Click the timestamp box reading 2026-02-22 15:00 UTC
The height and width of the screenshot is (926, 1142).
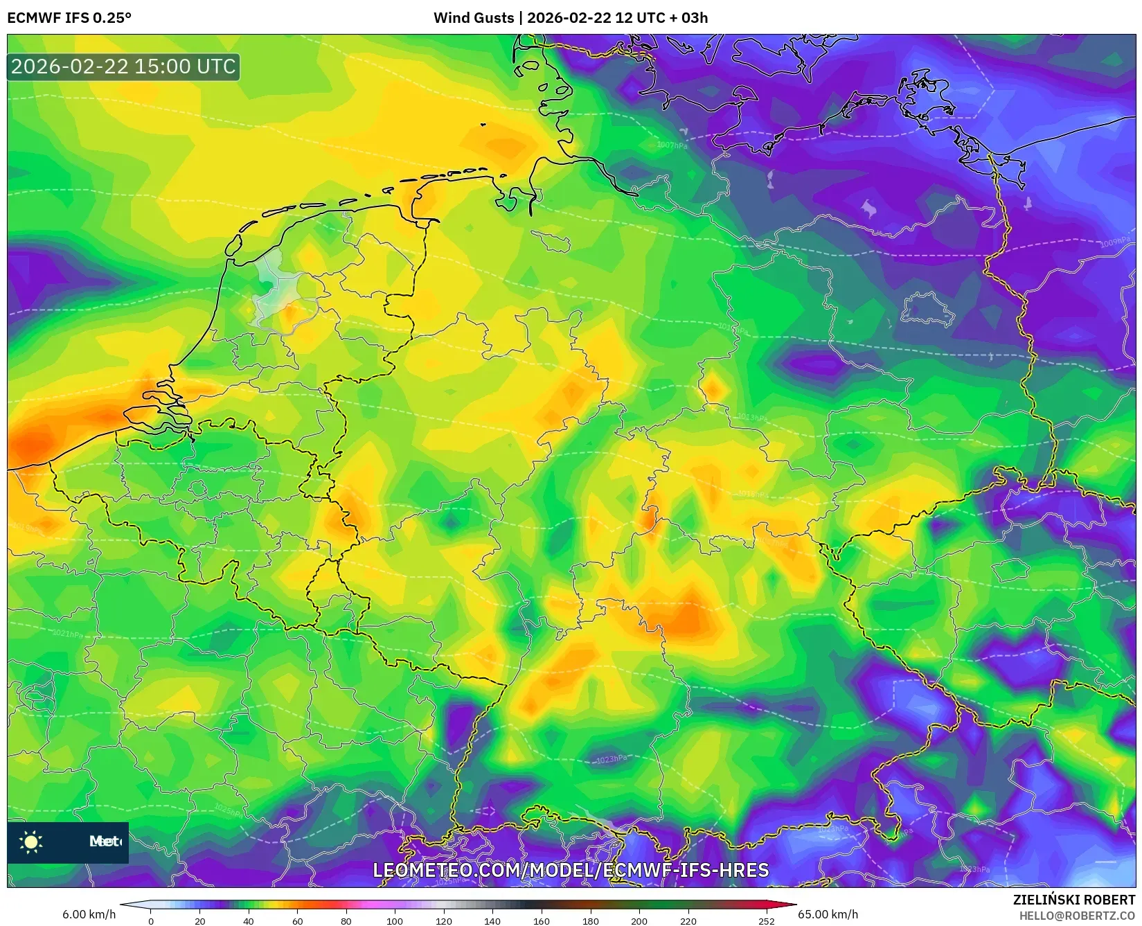tap(123, 66)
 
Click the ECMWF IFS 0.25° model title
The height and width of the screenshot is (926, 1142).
tap(69, 18)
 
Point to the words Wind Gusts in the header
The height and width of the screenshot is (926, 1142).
tap(474, 18)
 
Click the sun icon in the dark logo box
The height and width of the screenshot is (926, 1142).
tap(31, 842)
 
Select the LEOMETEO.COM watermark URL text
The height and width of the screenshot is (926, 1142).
tap(571, 870)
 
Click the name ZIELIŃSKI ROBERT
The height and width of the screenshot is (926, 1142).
tap(1074, 900)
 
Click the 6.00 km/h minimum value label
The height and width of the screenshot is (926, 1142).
tap(89, 914)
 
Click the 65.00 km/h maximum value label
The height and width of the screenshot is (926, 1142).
tap(828, 914)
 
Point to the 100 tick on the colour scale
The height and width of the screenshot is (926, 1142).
tap(395, 921)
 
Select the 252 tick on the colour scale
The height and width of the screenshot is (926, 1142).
tap(766, 921)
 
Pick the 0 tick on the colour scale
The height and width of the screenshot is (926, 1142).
tap(151, 921)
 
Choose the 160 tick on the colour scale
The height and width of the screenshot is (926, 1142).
tap(542, 921)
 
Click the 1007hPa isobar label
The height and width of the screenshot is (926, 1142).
tap(672, 145)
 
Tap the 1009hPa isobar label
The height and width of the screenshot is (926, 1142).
tap(1115, 242)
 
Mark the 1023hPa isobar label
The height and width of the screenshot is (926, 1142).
tap(611, 759)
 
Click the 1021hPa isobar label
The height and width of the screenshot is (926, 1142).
tap(68, 634)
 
